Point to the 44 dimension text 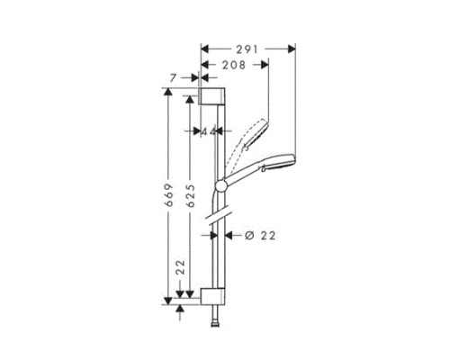[211, 131]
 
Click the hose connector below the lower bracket [214, 318]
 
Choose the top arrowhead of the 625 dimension [189, 100]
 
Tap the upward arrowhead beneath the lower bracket [180, 308]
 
